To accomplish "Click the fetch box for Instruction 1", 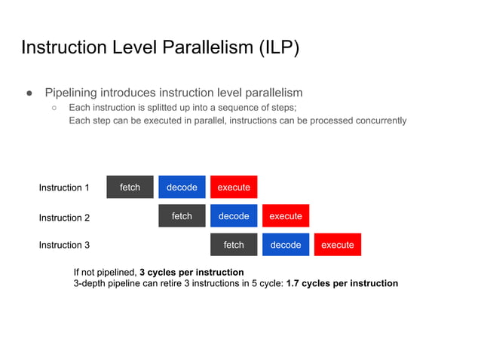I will click(130, 187).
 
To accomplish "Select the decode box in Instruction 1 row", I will click(182, 187).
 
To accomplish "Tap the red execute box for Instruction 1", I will click(234, 187).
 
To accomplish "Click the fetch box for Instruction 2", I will click(182, 216).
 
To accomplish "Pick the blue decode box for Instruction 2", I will click(234, 216).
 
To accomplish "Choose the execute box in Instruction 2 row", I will click(286, 216).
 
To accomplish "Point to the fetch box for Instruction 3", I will click(234, 245).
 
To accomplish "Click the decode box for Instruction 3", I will click(286, 245).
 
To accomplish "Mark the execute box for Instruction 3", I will click(338, 245).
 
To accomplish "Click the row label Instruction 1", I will click(64, 188).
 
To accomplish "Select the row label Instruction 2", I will click(64, 218).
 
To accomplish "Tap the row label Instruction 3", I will click(64, 245).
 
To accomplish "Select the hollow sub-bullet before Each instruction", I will click(55, 108).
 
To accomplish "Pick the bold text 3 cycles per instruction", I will click(191, 272).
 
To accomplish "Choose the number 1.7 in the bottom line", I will click(294, 284).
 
